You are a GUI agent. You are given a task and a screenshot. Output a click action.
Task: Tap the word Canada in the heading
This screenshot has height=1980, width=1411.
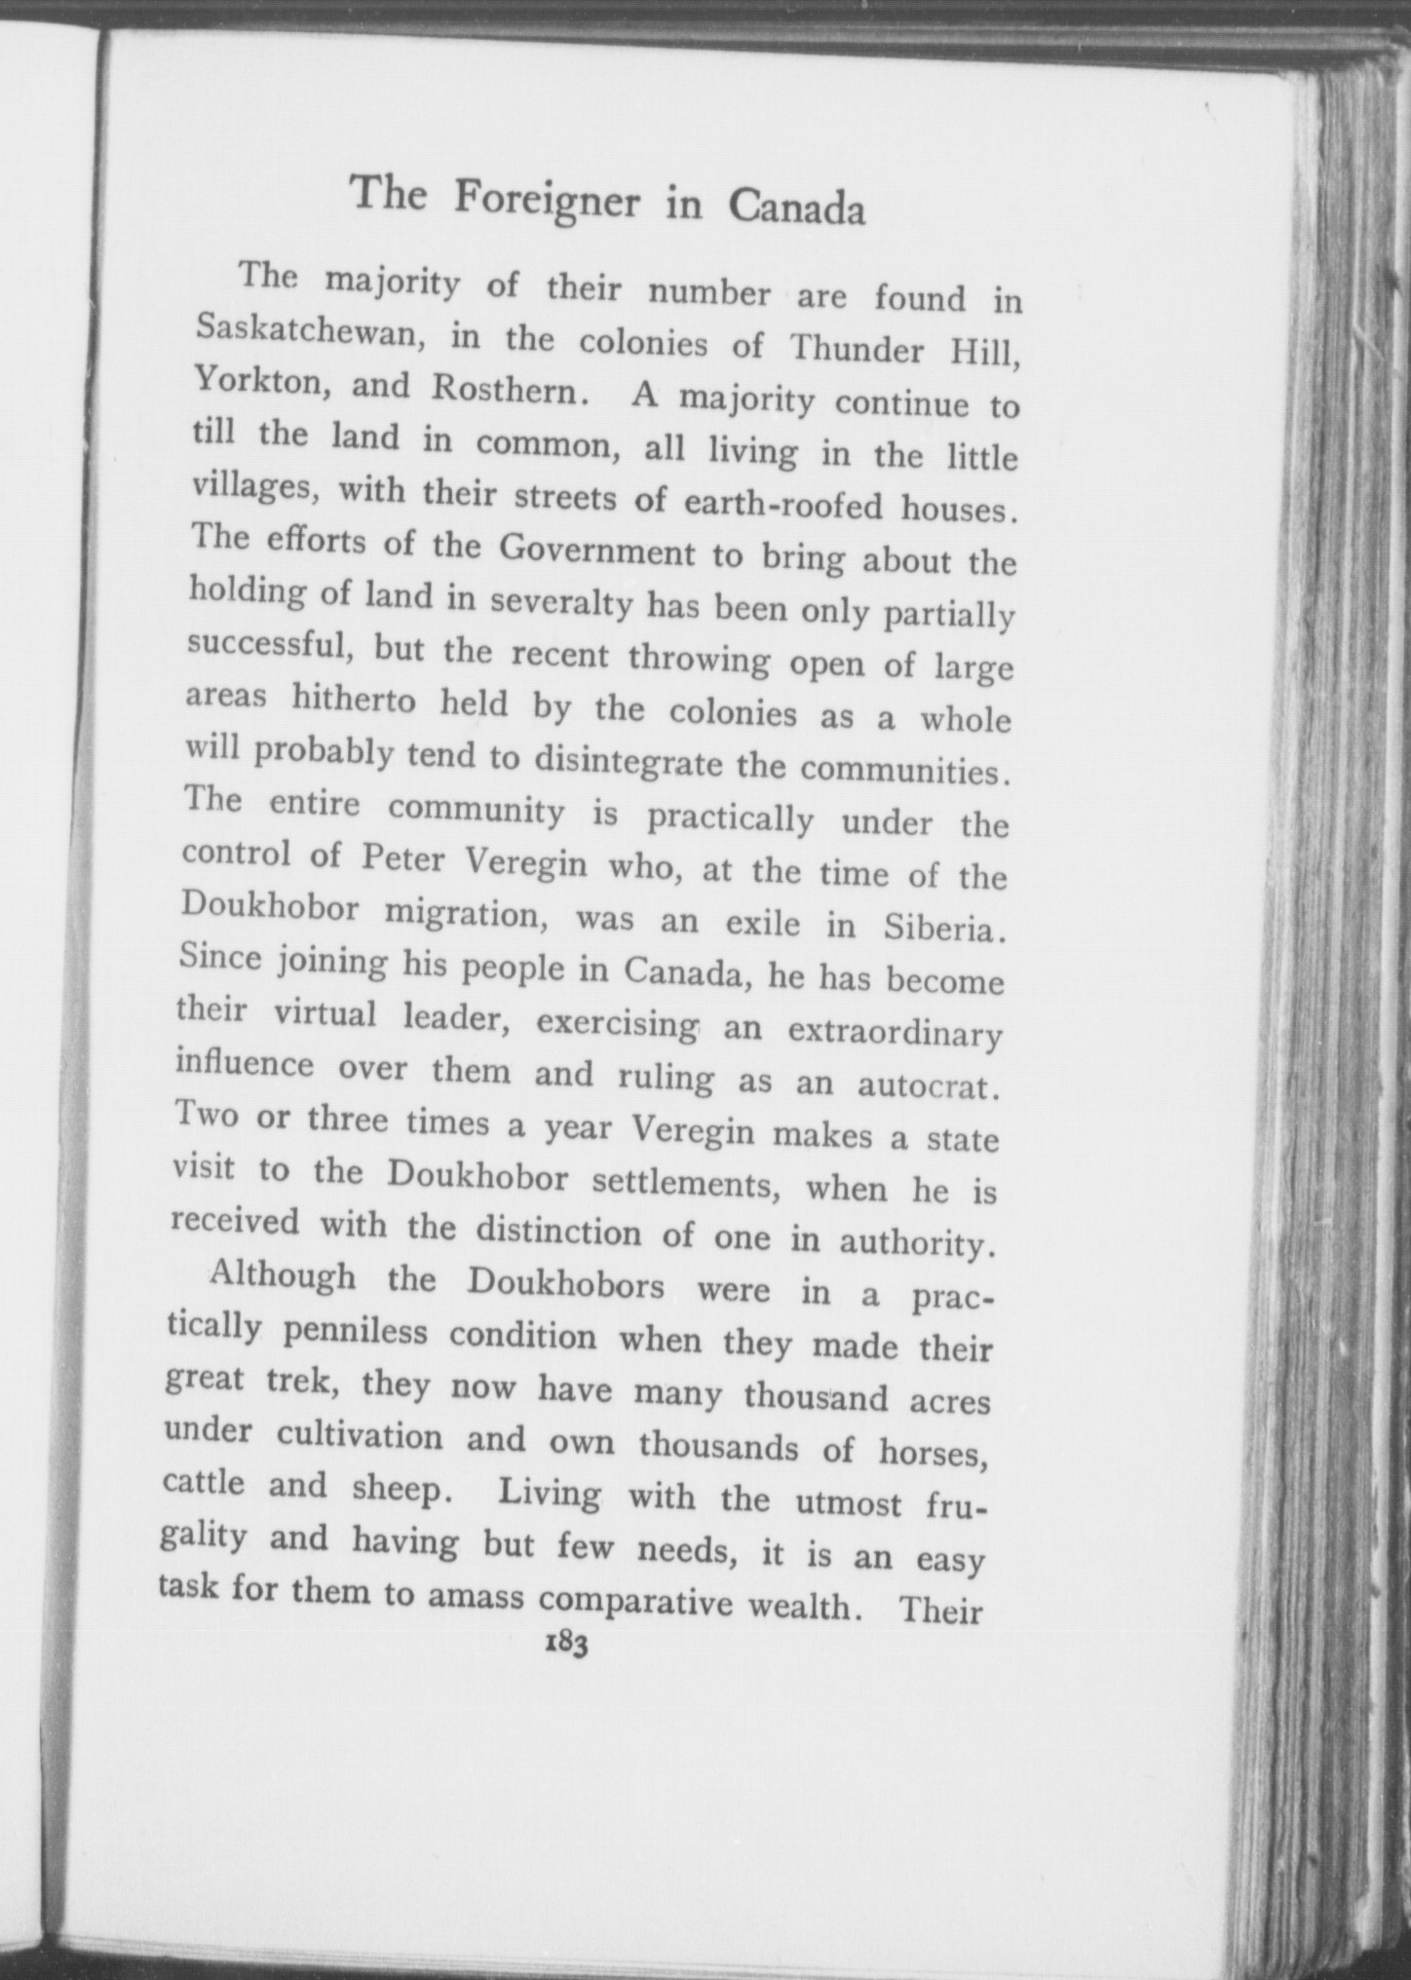click(796, 209)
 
